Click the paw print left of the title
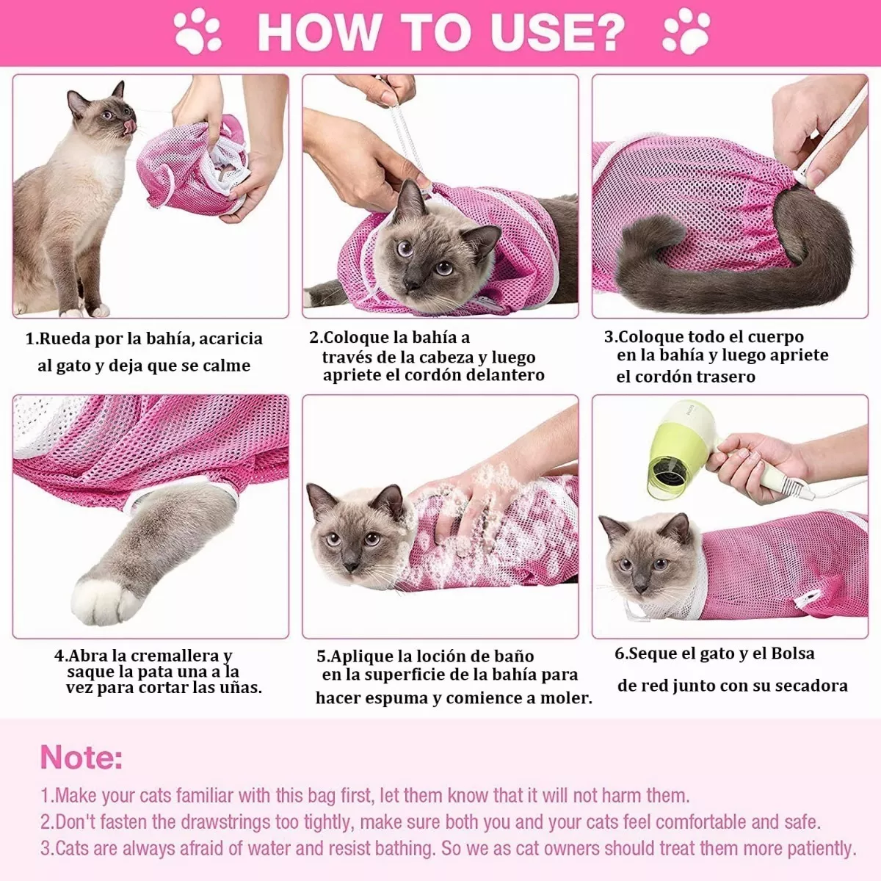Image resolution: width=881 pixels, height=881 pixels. pos(197,31)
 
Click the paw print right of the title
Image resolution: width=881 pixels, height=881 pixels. pos(686,31)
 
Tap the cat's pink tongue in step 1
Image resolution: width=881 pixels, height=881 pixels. pos(130,128)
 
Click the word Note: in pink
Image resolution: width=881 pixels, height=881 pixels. pos(81,757)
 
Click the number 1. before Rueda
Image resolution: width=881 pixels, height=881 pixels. pos(31,339)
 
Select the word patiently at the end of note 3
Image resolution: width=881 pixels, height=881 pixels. pos(821,849)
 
